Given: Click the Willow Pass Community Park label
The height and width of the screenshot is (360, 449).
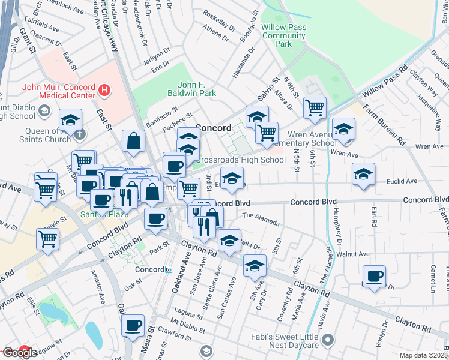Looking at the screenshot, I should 284,35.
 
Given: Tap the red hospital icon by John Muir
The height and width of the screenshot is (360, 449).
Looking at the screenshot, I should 104,91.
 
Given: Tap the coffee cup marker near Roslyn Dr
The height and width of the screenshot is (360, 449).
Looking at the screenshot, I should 374,277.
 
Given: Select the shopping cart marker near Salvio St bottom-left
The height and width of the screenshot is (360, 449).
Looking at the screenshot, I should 47,239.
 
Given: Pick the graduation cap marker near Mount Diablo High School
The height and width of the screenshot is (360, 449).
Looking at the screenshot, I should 70,119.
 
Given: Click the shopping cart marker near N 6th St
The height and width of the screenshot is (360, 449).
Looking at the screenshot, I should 315,108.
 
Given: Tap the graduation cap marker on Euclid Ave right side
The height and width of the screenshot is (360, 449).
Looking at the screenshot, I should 363,174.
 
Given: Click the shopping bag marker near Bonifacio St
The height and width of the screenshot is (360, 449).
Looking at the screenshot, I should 133,142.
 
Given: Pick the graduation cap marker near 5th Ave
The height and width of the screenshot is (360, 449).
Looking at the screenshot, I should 255,265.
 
